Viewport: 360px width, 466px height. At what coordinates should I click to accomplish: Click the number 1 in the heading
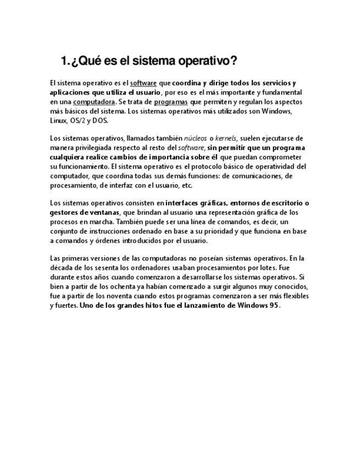coord(64,60)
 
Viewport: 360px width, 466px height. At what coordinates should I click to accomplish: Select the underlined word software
coord(143,83)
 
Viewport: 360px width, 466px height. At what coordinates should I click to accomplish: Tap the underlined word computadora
coord(94,102)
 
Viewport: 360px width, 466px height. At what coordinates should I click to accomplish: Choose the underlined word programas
coord(171,102)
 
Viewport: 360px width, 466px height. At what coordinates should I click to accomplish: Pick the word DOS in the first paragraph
coord(100,120)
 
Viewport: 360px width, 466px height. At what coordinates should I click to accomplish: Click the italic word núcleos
coord(196,138)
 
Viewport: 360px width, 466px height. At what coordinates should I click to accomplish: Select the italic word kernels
coord(225,138)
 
